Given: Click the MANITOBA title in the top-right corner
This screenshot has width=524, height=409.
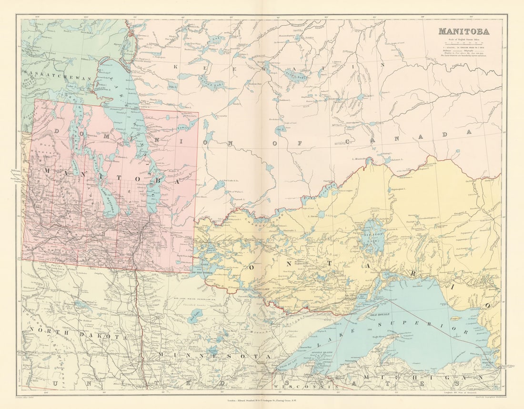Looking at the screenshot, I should click(x=463, y=32).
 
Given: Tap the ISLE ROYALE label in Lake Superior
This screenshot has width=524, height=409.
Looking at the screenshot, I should click(x=380, y=315).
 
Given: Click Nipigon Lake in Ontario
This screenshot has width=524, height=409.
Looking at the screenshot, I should click(x=372, y=237).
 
